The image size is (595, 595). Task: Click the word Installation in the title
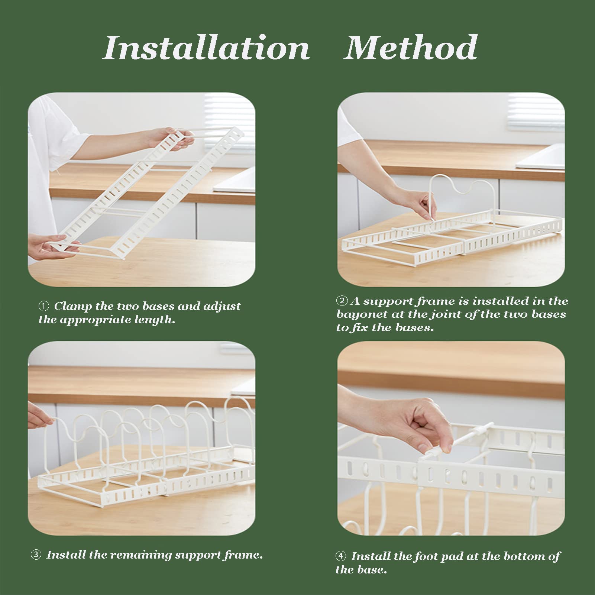[x=206, y=48]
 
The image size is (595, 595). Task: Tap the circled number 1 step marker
[x=44, y=306]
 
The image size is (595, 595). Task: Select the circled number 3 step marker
[x=36, y=555]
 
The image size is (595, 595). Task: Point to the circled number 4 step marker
[x=341, y=556]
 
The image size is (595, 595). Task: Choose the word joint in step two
[x=444, y=315]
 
